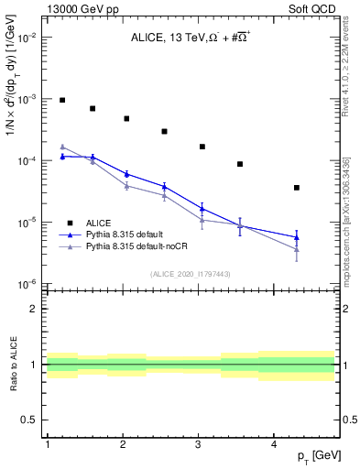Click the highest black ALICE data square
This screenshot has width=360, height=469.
tap(62, 100)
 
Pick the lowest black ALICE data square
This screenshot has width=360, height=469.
tap(297, 188)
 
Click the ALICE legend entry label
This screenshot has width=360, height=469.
tap(100, 222)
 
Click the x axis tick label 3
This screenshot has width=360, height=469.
tap(199, 444)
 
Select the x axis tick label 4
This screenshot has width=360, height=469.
tap(274, 444)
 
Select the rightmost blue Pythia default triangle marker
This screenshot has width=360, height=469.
tap(297, 237)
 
